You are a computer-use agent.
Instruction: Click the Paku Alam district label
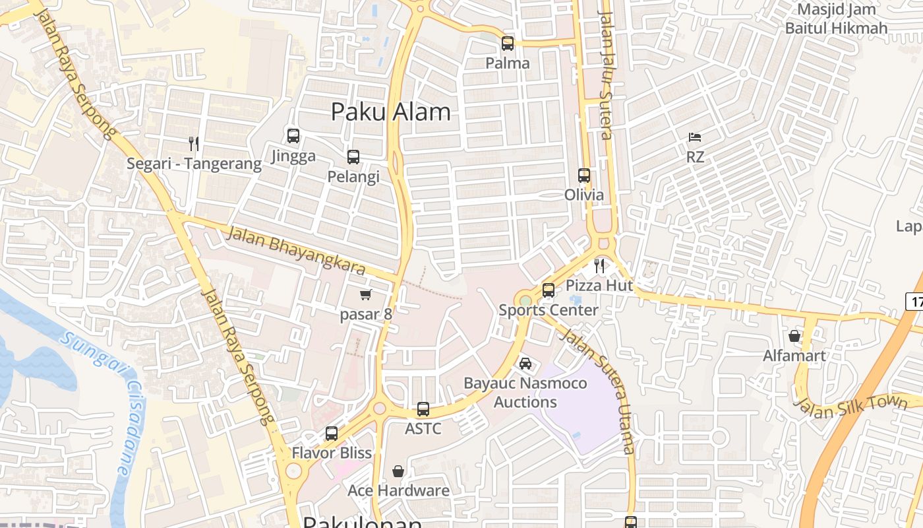(391, 112)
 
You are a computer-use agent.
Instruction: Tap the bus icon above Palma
(508, 44)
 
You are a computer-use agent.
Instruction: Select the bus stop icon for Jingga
(293, 136)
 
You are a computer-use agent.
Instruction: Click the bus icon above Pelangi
(353, 157)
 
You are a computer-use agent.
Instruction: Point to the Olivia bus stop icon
(584, 176)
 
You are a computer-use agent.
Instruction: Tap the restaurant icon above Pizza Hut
(599, 265)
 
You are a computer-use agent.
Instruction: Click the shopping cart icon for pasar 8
(366, 294)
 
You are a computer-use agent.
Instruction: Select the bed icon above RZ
(695, 137)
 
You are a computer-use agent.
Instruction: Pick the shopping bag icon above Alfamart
(794, 337)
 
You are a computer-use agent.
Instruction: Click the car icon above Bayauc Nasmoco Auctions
(525, 364)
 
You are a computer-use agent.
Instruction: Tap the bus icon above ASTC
(423, 409)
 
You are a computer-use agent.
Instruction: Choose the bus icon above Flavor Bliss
(332, 434)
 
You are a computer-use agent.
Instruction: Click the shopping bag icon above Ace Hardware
(398, 471)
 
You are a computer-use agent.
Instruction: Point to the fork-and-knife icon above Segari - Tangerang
(194, 144)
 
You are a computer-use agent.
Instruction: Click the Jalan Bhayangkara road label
(296, 250)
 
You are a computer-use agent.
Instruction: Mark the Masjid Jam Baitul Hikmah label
(836, 19)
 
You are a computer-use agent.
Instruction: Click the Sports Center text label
(549, 310)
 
